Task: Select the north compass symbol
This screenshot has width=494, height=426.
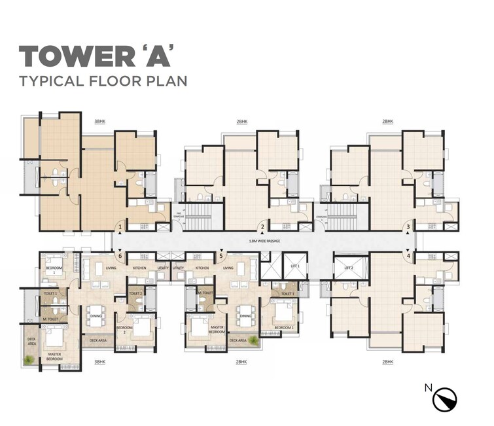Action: (444, 399)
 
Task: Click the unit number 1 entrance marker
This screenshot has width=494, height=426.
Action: (120, 228)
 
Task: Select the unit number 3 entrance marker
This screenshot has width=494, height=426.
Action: (408, 228)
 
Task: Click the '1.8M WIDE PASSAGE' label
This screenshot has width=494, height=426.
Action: (264, 241)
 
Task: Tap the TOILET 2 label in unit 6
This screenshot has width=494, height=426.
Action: (135, 294)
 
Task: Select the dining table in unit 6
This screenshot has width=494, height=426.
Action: (97, 315)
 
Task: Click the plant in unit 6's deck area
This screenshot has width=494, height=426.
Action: (29, 359)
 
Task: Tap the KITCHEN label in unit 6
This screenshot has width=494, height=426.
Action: (139, 268)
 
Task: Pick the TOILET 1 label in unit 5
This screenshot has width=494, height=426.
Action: (285, 294)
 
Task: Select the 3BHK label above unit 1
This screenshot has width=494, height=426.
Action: (99, 122)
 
